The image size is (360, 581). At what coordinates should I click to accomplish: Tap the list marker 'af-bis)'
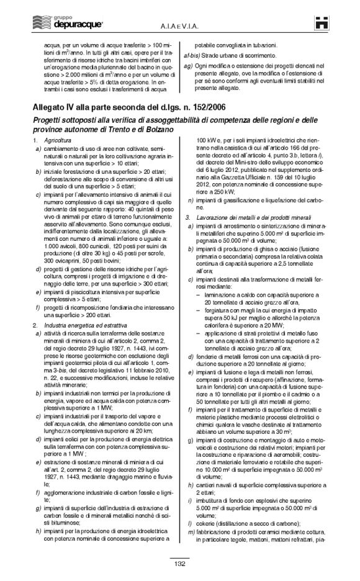[x=185, y=55]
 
